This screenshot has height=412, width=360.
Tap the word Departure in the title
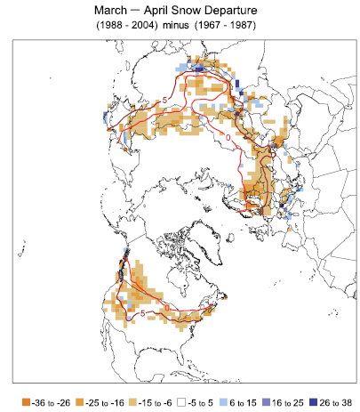click(235, 11)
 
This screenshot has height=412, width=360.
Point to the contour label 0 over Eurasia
click(229, 139)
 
